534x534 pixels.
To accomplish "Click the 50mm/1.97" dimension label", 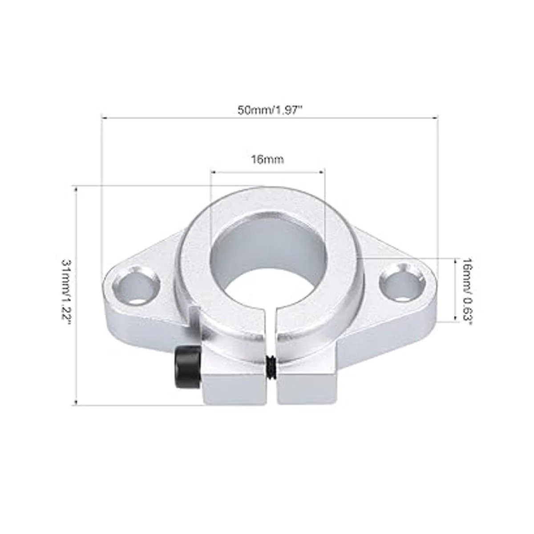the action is point(269,110).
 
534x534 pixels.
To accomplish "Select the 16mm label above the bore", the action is point(267,159).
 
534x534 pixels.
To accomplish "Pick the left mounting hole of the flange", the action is point(137,285).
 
